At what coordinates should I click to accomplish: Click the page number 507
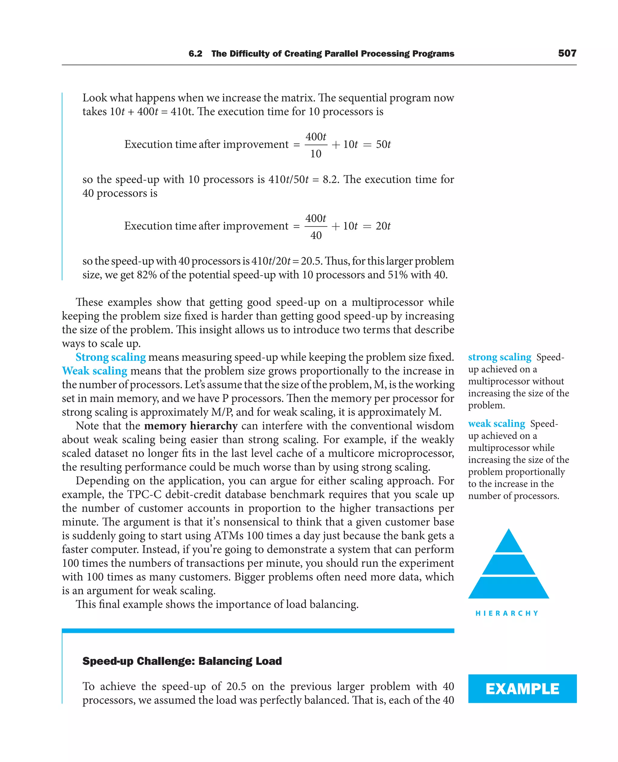click(567, 53)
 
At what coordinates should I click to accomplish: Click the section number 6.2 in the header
click(196, 54)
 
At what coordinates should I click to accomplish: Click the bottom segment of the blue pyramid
click(508, 588)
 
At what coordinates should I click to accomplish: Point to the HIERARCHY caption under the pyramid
click(507, 613)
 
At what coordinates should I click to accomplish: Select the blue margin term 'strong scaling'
click(499, 357)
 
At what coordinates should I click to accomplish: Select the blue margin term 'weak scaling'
click(496, 424)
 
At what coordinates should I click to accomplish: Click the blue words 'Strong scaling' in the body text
click(111, 357)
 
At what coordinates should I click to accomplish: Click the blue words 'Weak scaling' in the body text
click(94, 371)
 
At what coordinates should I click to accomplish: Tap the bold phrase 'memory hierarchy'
click(191, 426)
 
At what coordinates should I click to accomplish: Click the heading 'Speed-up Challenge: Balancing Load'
click(182, 661)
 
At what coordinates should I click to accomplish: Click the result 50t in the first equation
click(383, 144)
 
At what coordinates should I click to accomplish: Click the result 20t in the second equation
click(383, 226)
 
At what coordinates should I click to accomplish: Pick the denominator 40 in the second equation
click(316, 235)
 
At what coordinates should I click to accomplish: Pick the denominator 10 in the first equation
click(316, 154)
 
